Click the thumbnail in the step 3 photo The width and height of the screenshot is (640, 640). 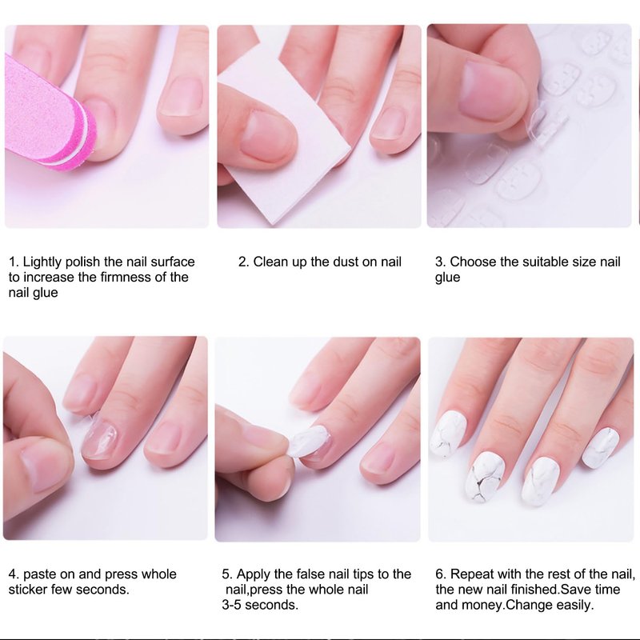pos(493,90)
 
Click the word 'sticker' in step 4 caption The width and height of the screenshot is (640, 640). pos(28,590)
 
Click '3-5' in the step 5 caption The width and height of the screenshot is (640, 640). pos(232,605)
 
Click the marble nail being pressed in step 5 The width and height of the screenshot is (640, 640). pos(308,442)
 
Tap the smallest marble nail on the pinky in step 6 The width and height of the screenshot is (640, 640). pos(601,448)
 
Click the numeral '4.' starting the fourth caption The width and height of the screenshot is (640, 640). pos(14,574)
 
